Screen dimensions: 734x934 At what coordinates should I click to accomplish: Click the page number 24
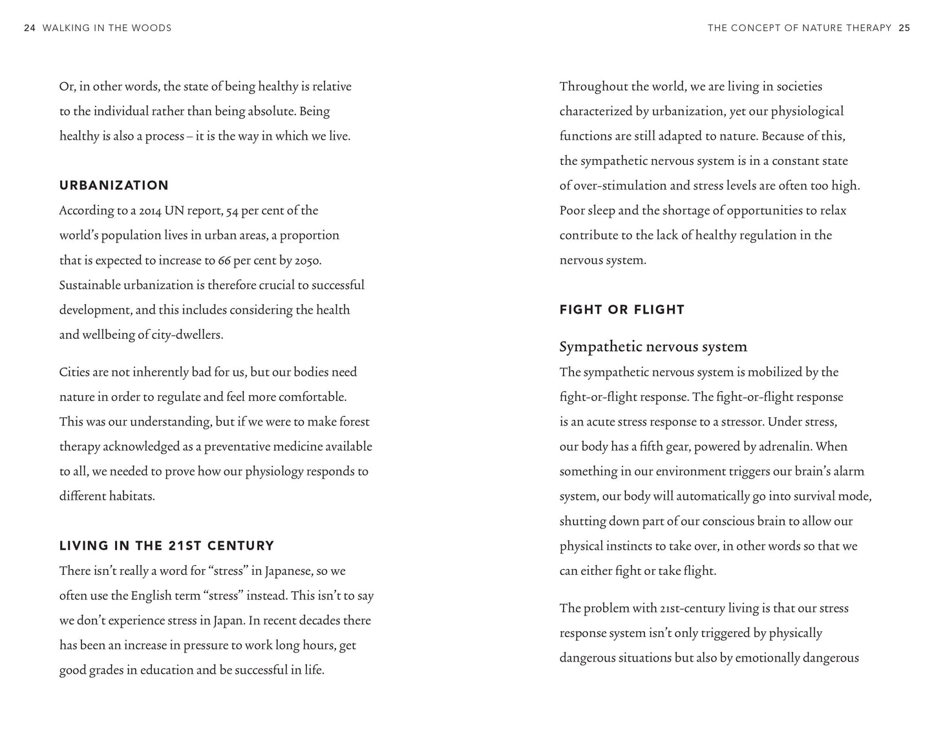click(29, 28)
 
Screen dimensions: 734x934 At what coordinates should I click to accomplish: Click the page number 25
click(904, 28)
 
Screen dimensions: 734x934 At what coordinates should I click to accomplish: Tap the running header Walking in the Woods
click(107, 28)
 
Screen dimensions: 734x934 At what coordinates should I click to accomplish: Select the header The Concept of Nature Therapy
click(800, 28)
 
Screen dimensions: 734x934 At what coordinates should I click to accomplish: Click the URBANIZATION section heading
click(114, 186)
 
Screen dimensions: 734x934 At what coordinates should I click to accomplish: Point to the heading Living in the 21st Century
click(167, 546)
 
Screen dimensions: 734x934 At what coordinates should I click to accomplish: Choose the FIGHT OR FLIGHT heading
click(622, 310)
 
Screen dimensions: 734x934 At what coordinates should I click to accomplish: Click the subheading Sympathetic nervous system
click(653, 347)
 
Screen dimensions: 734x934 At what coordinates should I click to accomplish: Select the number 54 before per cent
click(232, 211)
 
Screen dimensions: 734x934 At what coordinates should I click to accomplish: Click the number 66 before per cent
click(224, 261)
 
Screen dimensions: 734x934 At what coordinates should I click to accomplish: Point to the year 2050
click(308, 261)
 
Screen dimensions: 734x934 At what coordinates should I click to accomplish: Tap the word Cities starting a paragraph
click(74, 372)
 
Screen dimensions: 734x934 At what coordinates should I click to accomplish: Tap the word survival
click(812, 497)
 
